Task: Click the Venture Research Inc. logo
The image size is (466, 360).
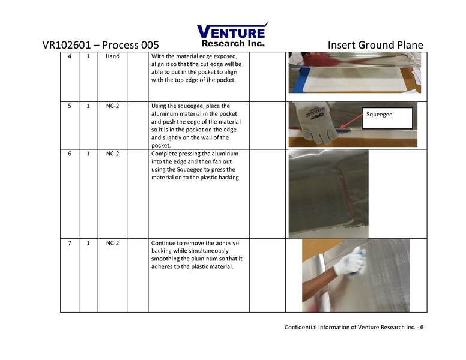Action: pos(232,35)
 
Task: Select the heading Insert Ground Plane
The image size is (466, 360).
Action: pos(375,46)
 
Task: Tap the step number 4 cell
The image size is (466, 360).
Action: pos(69,56)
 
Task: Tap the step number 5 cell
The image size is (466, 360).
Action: pos(69,106)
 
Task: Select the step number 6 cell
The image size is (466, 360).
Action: pos(69,154)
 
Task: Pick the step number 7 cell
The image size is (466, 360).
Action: pos(69,243)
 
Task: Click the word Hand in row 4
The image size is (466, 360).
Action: pos(112,56)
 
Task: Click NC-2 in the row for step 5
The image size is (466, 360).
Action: pos(112,106)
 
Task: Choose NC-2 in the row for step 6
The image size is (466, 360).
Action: pos(112,154)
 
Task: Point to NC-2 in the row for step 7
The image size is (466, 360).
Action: pos(112,243)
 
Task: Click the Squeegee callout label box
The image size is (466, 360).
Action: pos(386,118)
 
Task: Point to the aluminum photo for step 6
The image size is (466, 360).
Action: pos(328,193)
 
